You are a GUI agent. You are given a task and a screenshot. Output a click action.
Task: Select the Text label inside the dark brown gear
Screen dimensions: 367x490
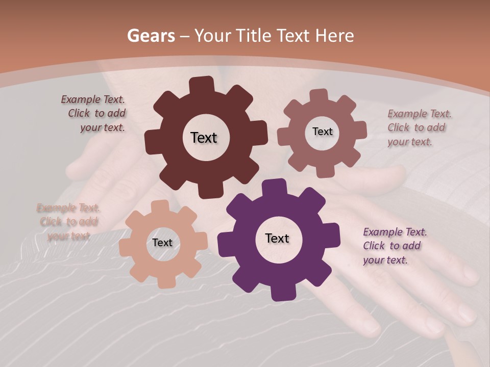(204, 138)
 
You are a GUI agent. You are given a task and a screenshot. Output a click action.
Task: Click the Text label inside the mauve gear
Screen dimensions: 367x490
(322, 132)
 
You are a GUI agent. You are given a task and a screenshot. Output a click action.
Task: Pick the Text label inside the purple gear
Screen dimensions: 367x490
(277, 238)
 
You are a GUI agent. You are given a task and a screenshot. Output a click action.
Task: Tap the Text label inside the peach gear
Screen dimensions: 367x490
(162, 243)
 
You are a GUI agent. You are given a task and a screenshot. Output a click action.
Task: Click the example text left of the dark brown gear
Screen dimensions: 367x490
(94, 114)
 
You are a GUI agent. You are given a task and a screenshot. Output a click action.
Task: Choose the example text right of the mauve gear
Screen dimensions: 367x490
(419, 127)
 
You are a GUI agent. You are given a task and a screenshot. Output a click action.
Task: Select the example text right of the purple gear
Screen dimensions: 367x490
(394, 246)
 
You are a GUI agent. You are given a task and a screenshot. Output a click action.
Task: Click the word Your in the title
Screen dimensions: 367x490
(212, 36)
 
